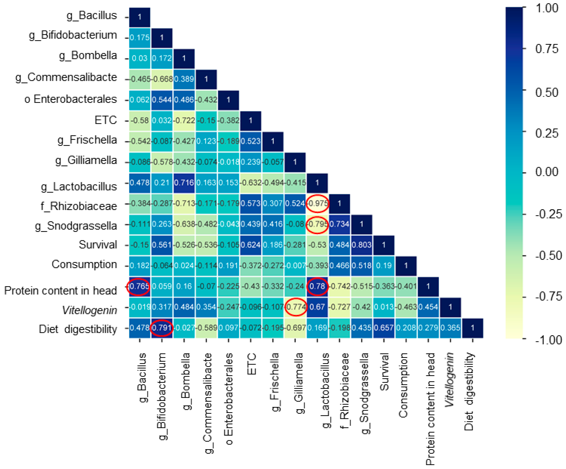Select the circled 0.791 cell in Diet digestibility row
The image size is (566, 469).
coord(161,328)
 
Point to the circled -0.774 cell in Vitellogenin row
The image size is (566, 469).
coord(296,307)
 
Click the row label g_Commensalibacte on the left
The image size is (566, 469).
coord(66,78)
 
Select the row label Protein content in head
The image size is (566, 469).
coord(60,291)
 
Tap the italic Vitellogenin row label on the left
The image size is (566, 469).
coord(89,310)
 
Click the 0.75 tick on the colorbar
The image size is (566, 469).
coord(547,49)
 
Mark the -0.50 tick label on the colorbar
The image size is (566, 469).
coord(548,256)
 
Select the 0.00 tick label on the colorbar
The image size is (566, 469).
coord(547,172)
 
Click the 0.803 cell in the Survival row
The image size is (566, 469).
coord(362,245)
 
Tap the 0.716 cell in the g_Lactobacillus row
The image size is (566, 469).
coord(184,183)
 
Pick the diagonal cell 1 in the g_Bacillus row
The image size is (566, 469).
coord(140,17)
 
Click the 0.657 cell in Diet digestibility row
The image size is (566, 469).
coord(384,328)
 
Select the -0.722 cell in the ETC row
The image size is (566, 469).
coord(184,120)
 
